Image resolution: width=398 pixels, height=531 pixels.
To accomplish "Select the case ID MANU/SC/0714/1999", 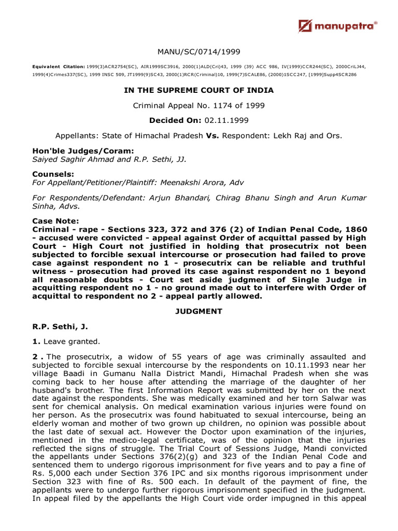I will click(198, 51).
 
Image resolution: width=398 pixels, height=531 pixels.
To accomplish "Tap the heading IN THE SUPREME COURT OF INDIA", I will click(198, 90).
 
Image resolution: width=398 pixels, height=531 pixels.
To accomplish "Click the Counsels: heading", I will click(53, 174).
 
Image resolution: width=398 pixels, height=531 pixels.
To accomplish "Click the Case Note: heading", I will click(55, 220).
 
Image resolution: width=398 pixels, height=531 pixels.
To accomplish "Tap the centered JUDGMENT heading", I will click(198, 311).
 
